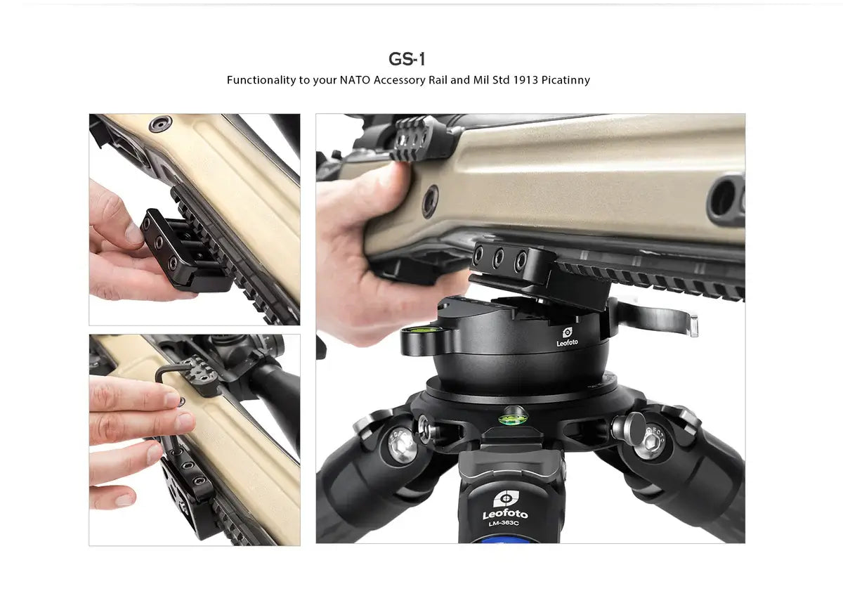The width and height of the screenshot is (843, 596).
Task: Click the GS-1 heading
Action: tap(407, 59)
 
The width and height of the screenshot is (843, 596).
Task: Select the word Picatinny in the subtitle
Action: tap(566, 80)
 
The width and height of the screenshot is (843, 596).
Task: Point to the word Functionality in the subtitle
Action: tap(261, 80)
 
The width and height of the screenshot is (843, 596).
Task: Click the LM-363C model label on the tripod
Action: tap(504, 523)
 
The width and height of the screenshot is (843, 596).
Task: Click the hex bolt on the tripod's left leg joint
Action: tap(403, 445)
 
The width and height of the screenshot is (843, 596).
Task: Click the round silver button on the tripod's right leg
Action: tap(624, 426)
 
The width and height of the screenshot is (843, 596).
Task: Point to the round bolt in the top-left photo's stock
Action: tap(160, 124)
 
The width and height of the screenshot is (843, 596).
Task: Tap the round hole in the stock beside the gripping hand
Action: tap(429, 202)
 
